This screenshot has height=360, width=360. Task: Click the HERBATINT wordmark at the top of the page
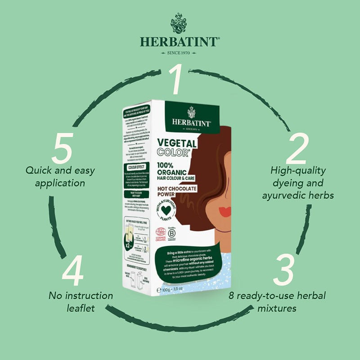(x=180, y=42)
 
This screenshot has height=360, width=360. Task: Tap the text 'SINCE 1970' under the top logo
(x=180, y=53)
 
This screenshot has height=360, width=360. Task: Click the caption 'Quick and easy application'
(x=55, y=177)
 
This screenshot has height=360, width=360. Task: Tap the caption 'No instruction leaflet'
(x=81, y=302)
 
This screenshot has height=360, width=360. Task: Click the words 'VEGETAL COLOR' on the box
(x=177, y=148)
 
